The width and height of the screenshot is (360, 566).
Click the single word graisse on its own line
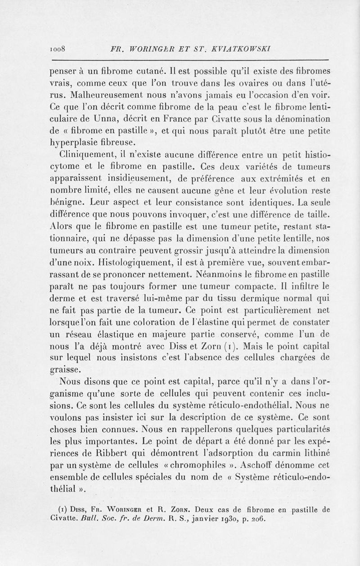(67, 369)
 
